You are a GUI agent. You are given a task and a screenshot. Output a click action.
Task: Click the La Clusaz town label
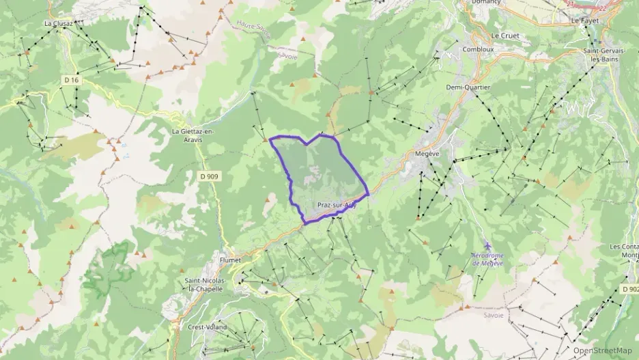[58, 23]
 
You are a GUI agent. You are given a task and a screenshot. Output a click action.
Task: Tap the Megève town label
[427, 154]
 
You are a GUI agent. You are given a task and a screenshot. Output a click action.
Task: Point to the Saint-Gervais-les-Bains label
[607, 55]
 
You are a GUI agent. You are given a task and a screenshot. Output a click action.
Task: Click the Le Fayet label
[584, 21]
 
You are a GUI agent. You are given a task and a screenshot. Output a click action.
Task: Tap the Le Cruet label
[505, 36]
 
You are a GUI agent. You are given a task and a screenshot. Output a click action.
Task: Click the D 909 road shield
[209, 176]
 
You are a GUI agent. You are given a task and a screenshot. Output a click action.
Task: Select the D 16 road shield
[72, 80]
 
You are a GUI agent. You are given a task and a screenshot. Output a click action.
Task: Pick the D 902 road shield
[629, 289]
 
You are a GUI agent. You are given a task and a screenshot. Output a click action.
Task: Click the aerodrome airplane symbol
[487, 245]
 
